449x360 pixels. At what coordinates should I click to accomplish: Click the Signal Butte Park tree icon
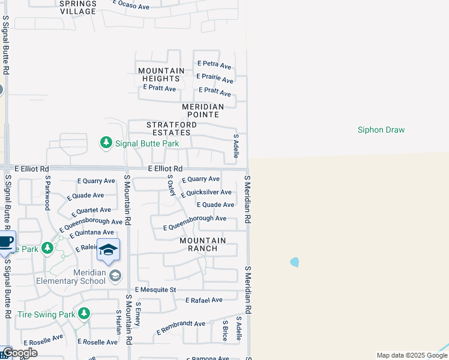pyautogui.click(x=106, y=142)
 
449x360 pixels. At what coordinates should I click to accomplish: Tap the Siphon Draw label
pyautogui.click(x=381, y=130)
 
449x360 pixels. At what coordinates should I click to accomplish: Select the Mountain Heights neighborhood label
pyautogui.click(x=161, y=74)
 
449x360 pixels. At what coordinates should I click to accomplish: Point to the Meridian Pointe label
pyautogui.click(x=203, y=110)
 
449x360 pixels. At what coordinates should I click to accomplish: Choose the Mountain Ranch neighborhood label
pyautogui.click(x=203, y=244)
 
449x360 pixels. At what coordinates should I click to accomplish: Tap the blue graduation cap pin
pyautogui.click(x=108, y=250)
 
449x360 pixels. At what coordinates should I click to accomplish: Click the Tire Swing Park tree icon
pyautogui.click(x=84, y=313)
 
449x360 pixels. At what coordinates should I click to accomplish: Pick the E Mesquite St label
pyautogui.click(x=155, y=290)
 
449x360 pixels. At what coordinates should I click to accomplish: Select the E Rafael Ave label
pyautogui.click(x=204, y=300)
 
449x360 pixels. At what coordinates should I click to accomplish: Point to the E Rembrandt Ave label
pyautogui.click(x=181, y=328)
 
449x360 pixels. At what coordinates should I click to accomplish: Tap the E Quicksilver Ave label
pyautogui.click(x=206, y=193)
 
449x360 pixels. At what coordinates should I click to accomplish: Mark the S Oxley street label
pyautogui.click(x=172, y=185)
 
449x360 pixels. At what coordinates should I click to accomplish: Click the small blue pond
pyautogui.click(x=294, y=262)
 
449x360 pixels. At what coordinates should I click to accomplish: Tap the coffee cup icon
pyautogui.click(x=5, y=243)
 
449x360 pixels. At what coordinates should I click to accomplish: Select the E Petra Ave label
pyautogui.click(x=214, y=64)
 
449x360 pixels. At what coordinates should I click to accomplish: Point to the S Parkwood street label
pyautogui.click(x=47, y=193)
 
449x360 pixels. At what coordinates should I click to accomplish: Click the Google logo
pyautogui.click(x=19, y=353)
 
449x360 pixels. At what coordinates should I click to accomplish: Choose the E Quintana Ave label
pyautogui.click(x=91, y=233)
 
